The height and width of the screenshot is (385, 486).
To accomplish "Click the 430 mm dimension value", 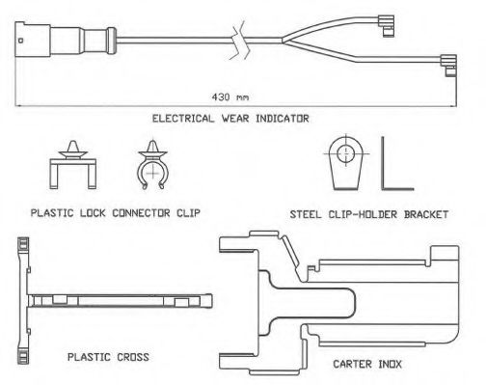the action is point(230,96).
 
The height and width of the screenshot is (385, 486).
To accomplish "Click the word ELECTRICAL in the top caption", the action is point(183,119).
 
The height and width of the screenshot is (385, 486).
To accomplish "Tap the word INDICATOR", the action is point(283,119).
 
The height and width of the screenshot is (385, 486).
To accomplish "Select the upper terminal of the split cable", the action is point(387,26).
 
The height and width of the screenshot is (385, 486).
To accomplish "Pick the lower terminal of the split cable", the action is point(448,66).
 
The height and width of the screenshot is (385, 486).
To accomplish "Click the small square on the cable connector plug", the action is point(21,41).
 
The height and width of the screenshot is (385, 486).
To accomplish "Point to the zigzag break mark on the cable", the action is point(240,41).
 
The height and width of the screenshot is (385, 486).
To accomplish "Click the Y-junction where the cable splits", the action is point(283,41).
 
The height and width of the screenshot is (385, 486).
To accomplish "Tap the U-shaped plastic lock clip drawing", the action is point(72,165).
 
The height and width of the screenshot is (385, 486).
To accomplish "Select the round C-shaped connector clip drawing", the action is point(152,165).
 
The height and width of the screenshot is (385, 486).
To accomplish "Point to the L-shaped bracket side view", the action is point(383,164).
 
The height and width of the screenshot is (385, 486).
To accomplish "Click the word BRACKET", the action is point(426,214).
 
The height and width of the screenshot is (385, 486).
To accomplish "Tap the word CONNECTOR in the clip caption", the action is point(141,213).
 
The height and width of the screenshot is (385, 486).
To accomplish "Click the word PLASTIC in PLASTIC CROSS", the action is point(89,357).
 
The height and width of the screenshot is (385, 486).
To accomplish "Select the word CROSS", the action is point(133,357).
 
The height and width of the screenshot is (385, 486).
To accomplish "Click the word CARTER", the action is point(352,364).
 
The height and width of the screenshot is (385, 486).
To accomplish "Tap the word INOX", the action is point(391,364).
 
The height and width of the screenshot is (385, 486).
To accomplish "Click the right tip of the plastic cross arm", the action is point(212,301).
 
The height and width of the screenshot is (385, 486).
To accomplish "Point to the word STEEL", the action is point(306,214).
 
